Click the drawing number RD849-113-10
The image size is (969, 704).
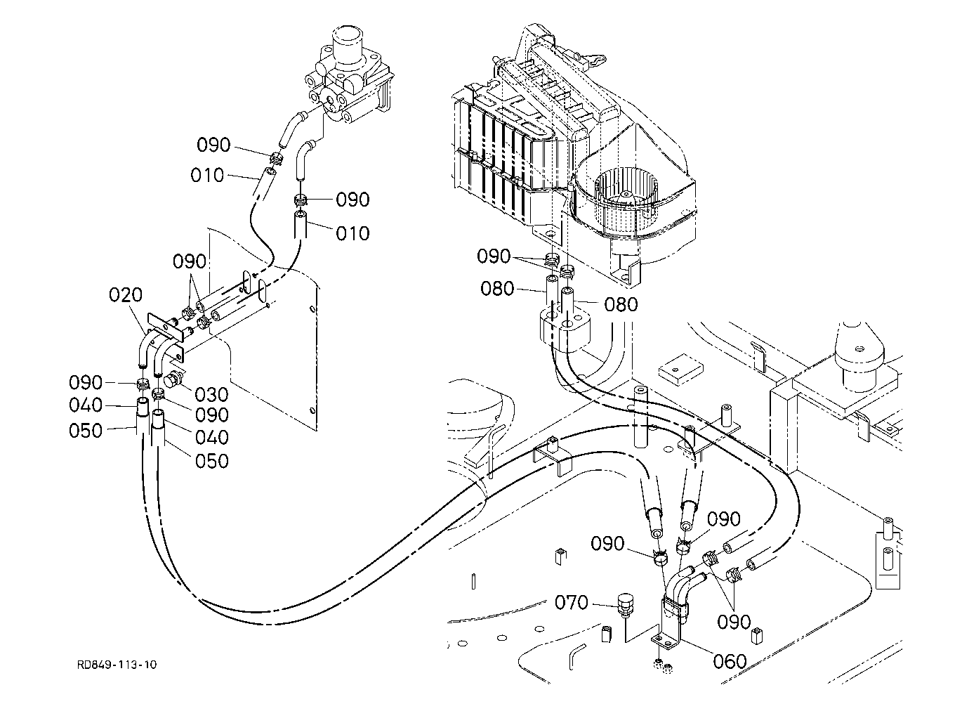(x=117, y=665)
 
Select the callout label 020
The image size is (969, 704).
(x=126, y=295)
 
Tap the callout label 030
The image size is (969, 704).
(x=211, y=394)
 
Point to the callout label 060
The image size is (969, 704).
(x=730, y=662)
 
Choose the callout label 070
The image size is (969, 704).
(x=572, y=603)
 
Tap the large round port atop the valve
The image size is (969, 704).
(x=346, y=41)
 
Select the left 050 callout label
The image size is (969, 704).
(x=86, y=431)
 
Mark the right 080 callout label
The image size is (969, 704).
(x=621, y=304)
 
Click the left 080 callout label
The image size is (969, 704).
(x=497, y=288)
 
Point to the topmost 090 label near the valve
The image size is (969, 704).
(x=213, y=145)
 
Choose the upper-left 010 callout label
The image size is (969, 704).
(x=207, y=176)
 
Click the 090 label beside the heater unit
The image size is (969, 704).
(x=494, y=256)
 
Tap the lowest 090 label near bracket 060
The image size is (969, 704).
(x=734, y=622)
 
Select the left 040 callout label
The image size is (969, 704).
(x=86, y=405)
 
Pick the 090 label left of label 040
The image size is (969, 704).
(x=86, y=383)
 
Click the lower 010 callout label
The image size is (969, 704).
(x=352, y=234)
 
